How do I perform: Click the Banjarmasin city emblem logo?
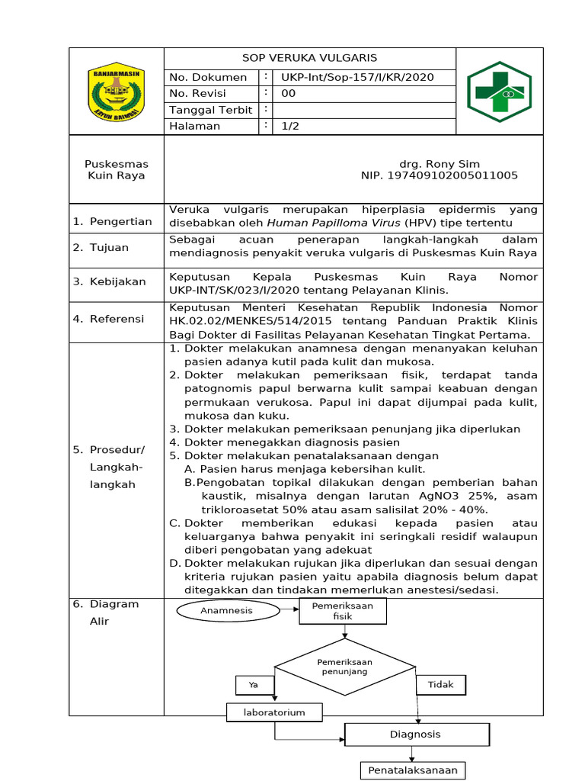point(117,92)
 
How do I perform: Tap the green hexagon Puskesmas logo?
point(500,92)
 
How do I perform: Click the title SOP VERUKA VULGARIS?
point(309,58)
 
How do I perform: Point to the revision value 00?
point(289,93)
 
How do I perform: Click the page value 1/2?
point(290,126)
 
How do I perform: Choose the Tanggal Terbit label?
point(210,110)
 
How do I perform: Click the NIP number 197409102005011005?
point(439,175)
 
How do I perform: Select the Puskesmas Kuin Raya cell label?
point(117,169)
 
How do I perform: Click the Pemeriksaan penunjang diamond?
point(344,667)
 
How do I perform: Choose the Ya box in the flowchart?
point(254,685)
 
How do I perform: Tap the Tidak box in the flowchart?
point(440,684)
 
